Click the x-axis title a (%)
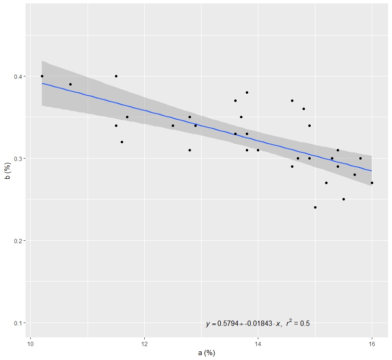point(206,353)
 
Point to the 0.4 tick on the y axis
point(19,76)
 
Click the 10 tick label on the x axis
point(31,344)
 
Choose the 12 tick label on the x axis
point(144,344)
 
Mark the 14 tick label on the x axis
point(258,344)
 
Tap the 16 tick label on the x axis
point(372,344)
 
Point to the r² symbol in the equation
point(289,323)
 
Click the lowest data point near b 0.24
point(315,208)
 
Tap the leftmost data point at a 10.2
point(42,76)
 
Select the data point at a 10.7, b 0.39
point(70,84)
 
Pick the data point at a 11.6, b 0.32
point(122,142)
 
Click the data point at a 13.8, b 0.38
point(247,92)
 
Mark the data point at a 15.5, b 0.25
point(343,199)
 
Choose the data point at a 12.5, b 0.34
point(173,125)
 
